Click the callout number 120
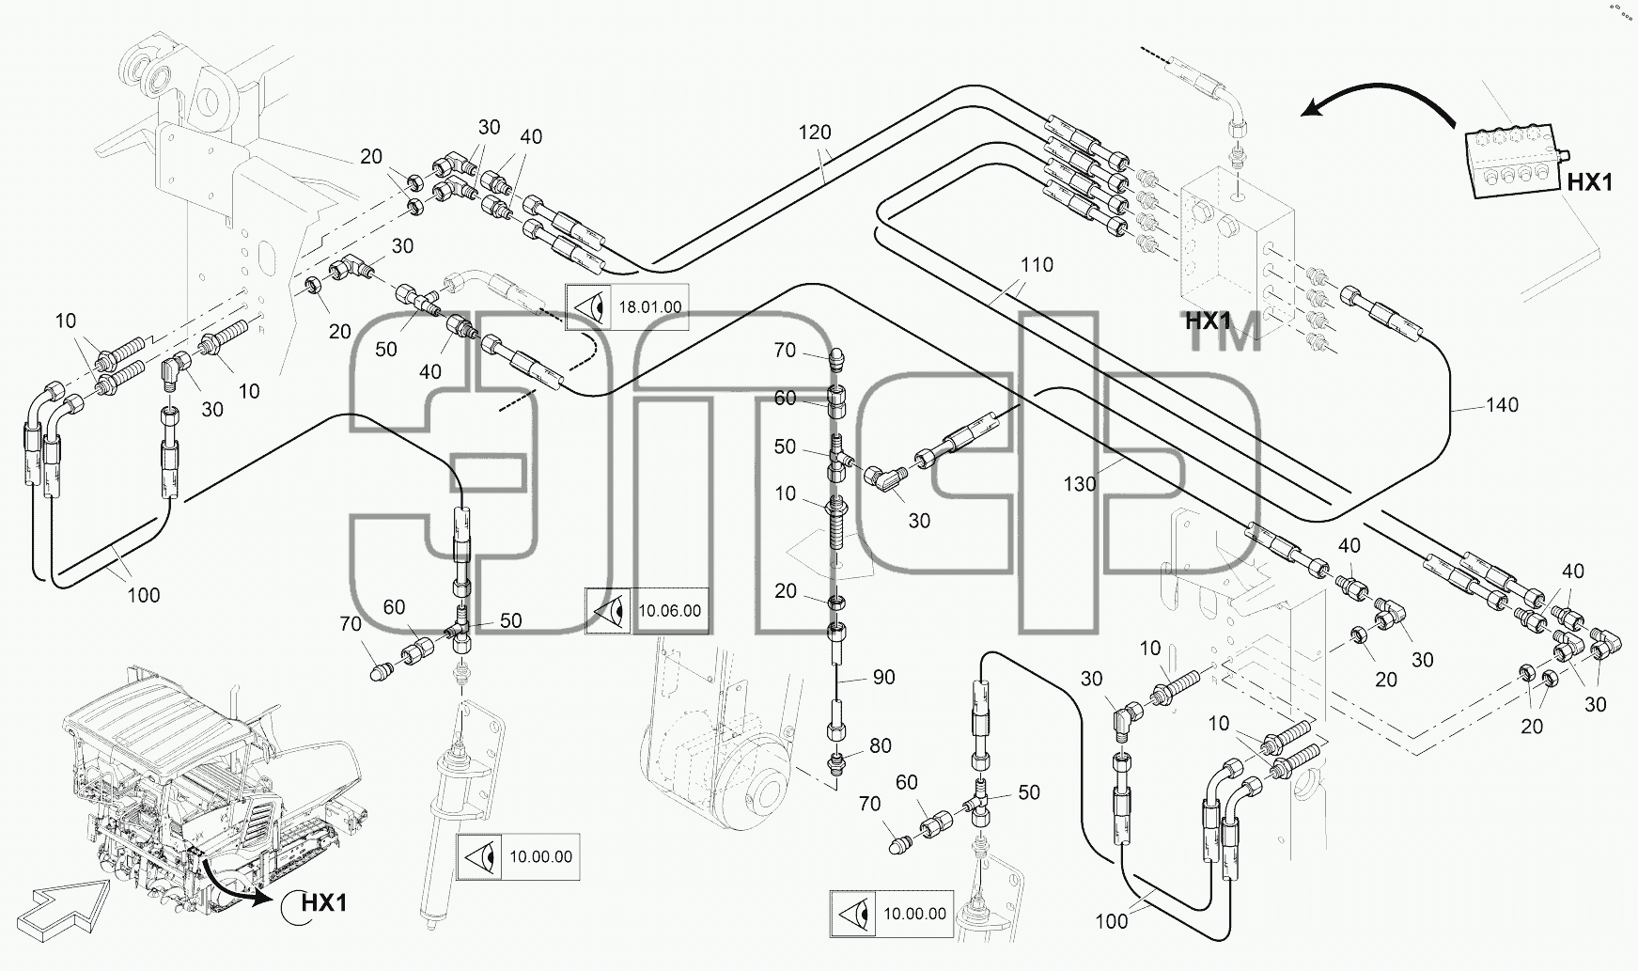[815, 133]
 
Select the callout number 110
[1037, 265]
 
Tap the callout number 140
[1503, 405]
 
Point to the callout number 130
[1080, 484]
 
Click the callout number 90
[884, 677]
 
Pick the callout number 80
[881, 746]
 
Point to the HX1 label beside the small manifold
[1590, 182]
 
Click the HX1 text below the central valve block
[1208, 321]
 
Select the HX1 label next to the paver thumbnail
[324, 903]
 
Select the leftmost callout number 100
[143, 595]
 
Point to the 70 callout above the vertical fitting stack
[785, 351]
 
